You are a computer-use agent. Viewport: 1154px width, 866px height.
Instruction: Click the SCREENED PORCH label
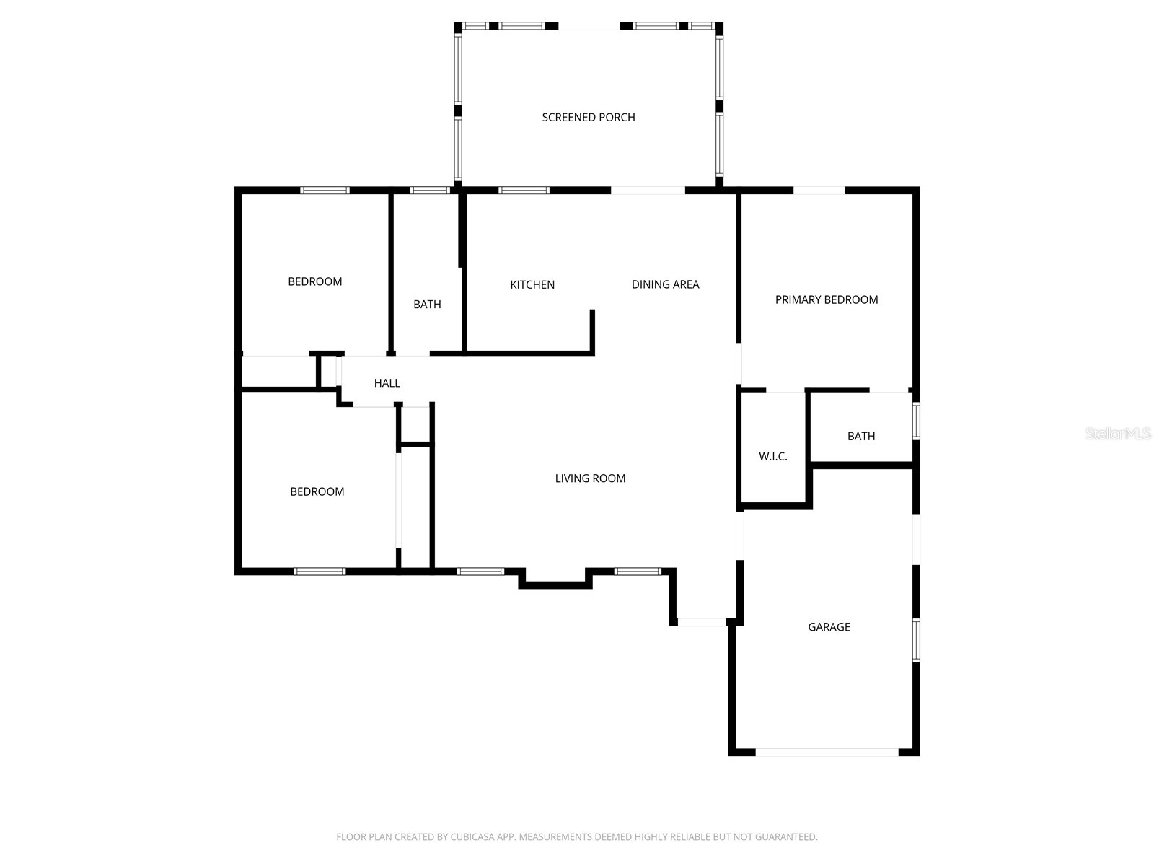click(589, 117)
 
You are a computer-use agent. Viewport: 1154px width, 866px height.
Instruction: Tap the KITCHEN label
click(532, 284)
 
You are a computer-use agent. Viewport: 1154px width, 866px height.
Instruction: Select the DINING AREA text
click(665, 284)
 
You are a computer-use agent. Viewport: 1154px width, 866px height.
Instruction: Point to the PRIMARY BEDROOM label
click(827, 299)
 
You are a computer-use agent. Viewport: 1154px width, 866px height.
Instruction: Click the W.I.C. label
click(772, 456)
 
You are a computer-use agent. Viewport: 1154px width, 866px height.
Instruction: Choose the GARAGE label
click(829, 627)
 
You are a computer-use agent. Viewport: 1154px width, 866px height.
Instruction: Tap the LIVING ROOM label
click(590, 478)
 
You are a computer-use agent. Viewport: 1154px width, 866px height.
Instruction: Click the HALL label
click(387, 383)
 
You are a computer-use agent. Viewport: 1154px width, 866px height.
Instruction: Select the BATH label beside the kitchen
click(427, 305)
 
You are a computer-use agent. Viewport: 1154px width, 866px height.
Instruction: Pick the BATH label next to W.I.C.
click(861, 436)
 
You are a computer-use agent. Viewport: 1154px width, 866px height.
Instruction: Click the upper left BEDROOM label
click(315, 281)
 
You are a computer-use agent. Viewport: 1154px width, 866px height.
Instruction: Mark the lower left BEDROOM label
click(317, 491)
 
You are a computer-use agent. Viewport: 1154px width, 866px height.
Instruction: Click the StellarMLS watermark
click(1118, 433)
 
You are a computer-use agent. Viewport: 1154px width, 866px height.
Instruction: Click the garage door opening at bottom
click(827, 752)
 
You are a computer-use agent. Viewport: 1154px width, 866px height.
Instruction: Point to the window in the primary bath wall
click(916, 421)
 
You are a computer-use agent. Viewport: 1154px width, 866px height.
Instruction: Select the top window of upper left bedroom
click(325, 191)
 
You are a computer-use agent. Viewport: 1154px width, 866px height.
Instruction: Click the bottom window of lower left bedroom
click(320, 572)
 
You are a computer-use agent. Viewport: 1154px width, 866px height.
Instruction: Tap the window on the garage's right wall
click(916, 639)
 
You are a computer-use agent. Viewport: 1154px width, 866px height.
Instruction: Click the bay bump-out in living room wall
click(555, 582)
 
